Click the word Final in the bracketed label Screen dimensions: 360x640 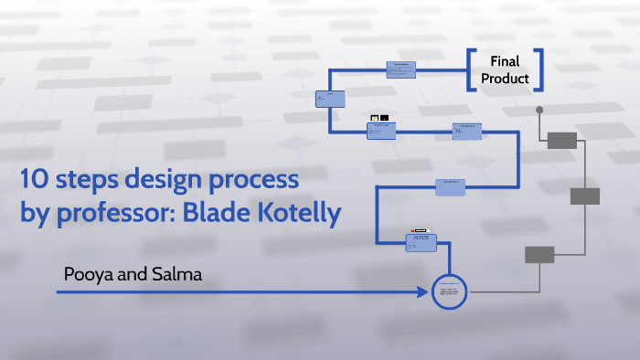point(505,61)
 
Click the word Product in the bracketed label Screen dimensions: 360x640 point(505,79)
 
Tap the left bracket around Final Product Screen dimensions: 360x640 point(472,70)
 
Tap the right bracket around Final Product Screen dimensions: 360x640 point(539,70)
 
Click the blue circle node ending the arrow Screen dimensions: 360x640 point(449,292)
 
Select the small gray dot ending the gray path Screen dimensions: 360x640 point(539,110)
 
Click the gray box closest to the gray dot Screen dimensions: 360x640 point(561,140)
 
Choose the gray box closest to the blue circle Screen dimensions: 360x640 point(539,255)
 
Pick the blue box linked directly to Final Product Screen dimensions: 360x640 point(400,69)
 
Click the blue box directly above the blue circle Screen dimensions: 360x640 point(421,242)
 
